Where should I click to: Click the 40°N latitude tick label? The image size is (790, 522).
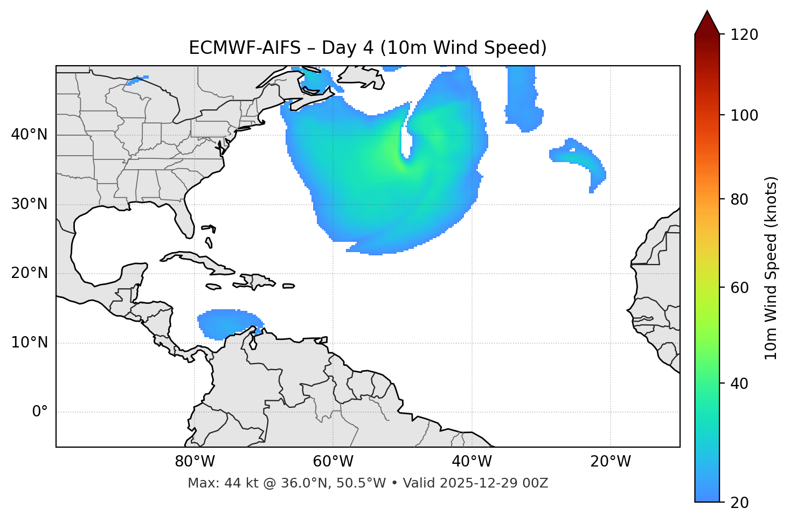coord(29,135)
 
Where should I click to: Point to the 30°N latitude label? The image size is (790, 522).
coord(29,204)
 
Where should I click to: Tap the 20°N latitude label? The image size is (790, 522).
coord(29,273)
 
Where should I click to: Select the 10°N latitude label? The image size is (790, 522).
coord(29,343)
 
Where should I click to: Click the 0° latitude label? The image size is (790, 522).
coord(40,412)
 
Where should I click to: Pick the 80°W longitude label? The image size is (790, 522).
coord(195,462)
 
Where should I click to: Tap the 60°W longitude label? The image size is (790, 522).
coord(333,462)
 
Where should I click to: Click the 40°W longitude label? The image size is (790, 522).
coord(472,462)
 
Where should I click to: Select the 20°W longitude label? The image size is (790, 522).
coord(610,462)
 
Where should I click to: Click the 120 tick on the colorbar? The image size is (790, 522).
coord(744,35)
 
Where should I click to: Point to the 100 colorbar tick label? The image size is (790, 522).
coord(744,115)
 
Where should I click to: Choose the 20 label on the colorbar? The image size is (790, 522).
coord(739,503)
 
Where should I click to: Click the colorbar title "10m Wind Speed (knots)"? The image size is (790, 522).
coord(771,268)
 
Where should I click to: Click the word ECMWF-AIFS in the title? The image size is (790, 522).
coord(245,48)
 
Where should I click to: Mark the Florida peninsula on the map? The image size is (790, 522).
coord(185,218)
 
